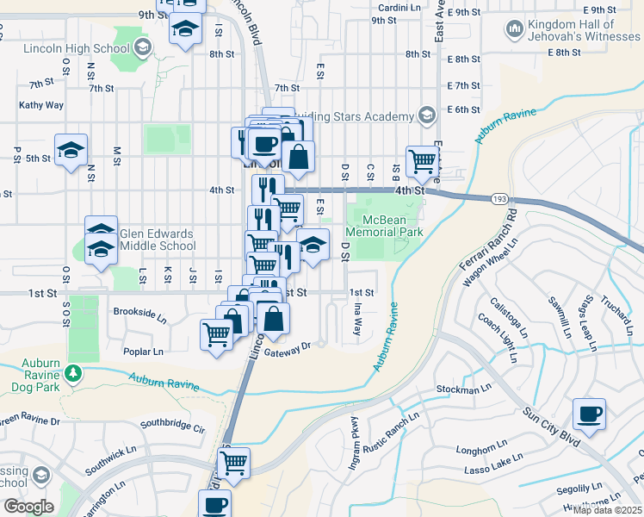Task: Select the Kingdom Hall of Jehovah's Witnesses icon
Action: (x=515, y=31)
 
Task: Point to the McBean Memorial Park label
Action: (x=385, y=226)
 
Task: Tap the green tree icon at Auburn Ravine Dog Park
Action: (x=74, y=373)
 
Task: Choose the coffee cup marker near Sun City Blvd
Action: (x=589, y=414)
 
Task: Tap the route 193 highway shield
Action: (x=499, y=200)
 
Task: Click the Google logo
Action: (x=28, y=507)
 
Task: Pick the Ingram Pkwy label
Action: (x=353, y=439)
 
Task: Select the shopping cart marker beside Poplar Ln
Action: (x=217, y=333)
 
